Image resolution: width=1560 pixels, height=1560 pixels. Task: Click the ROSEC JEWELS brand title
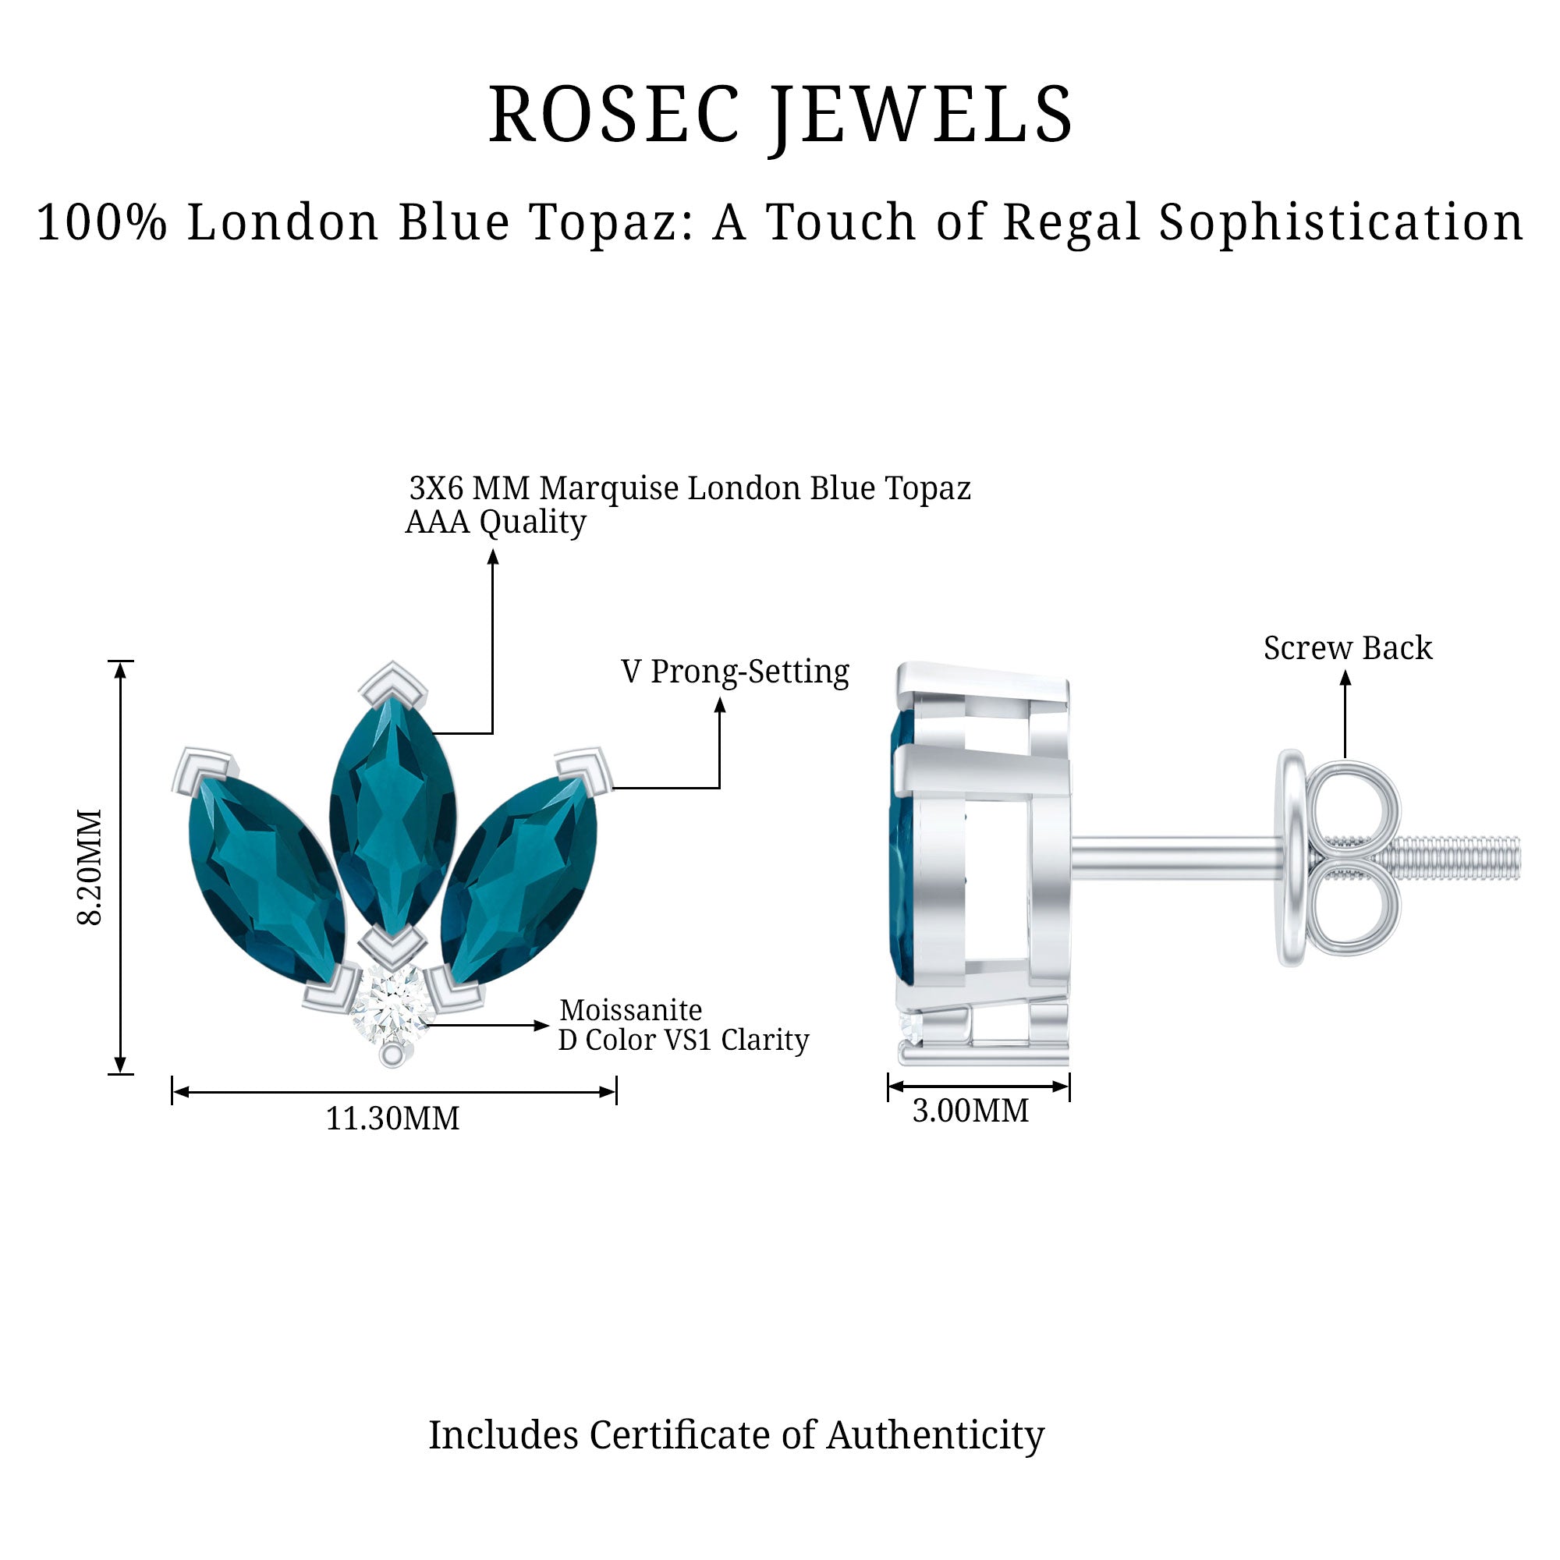(x=780, y=115)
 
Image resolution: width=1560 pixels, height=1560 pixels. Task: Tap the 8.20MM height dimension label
(x=90, y=867)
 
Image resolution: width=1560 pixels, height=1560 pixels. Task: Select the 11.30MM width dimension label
(x=392, y=1119)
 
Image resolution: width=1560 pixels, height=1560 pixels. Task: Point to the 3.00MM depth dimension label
(x=970, y=1111)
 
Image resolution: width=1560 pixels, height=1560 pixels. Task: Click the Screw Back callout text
(x=1348, y=648)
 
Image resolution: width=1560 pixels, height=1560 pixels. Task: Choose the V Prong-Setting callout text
(x=735, y=672)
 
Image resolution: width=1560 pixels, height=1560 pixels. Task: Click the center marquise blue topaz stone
(x=392, y=811)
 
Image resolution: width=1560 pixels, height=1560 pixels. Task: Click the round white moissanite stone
(x=392, y=1006)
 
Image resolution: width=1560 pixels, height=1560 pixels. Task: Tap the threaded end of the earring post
(x=1462, y=858)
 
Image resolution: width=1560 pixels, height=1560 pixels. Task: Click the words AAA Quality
(x=495, y=523)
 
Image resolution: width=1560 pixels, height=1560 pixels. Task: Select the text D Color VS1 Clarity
(x=683, y=1040)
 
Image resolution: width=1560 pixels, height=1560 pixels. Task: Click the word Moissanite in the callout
(x=630, y=1010)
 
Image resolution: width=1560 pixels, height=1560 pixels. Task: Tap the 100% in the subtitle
(x=101, y=223)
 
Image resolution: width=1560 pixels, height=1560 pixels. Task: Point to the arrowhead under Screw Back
(x=1345, y=679)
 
